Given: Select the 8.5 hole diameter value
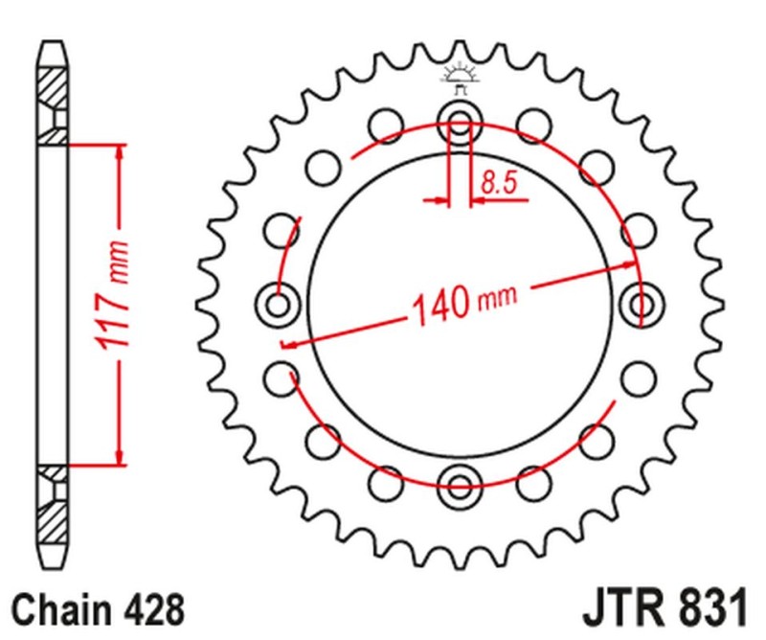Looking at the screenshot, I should (501, 182).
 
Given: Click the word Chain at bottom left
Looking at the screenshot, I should (63, 609).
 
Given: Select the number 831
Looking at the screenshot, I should (708, 609).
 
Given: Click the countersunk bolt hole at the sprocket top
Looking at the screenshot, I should (459, 122).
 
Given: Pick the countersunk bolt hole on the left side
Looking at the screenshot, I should (280, 307).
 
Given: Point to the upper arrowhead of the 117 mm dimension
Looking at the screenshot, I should (118, 153).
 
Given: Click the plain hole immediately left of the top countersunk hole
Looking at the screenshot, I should (387, 125).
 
